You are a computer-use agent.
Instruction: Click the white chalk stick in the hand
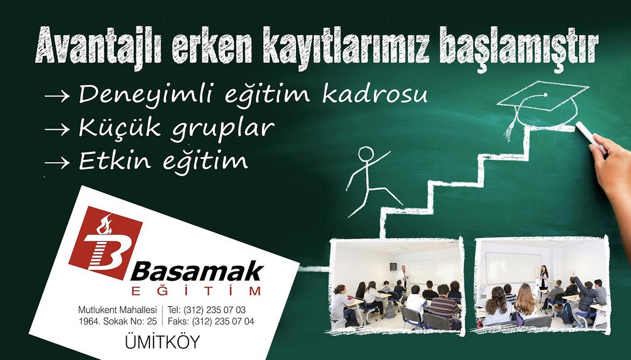coord(591,137)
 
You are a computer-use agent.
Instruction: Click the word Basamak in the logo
coord(197,273)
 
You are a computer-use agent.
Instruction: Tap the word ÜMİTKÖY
coord(162,342)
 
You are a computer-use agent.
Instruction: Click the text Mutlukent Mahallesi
coord(117,310)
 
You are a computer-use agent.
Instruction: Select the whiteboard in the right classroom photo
coord(513,268)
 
